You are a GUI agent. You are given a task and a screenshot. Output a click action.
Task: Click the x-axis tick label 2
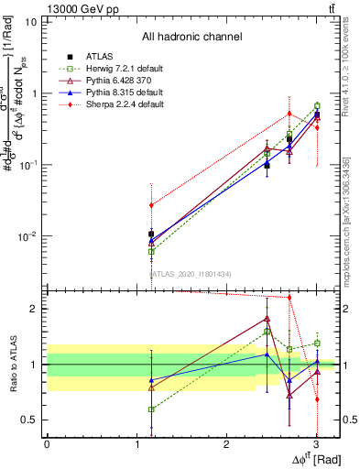pyautogui.click(x=226, y=444)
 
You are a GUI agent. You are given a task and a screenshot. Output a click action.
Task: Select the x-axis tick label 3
pyautogui.click(x=315, y=444)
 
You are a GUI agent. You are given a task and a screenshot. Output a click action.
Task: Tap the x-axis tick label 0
pyautogui.click(x=47, y=444)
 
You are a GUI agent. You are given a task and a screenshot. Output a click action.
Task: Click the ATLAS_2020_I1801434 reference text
pyautogui.click(x=191, y=273)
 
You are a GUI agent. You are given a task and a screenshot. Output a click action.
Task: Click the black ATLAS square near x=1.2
pyautogui.click(x=151, y=234)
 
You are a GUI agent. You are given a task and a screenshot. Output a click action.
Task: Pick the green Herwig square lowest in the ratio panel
pyautogui.click(x=151, y=409)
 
